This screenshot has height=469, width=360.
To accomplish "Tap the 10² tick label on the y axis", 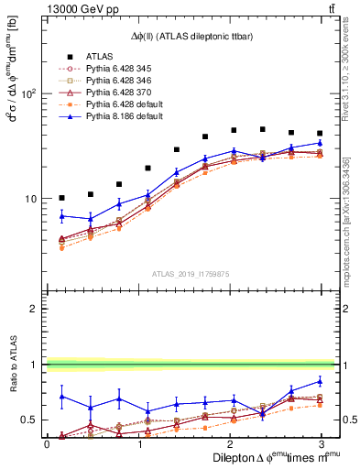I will (28, 93).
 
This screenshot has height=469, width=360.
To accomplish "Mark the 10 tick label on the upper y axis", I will (31, 199).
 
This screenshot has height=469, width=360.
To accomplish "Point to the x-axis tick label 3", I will (320, 444).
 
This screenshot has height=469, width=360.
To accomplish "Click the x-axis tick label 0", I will (47, 444).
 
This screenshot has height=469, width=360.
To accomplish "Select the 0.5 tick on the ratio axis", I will (30, 420).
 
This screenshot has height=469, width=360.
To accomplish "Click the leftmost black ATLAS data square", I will (61, 198).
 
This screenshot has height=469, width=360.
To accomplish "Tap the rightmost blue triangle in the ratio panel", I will (320, 381).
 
